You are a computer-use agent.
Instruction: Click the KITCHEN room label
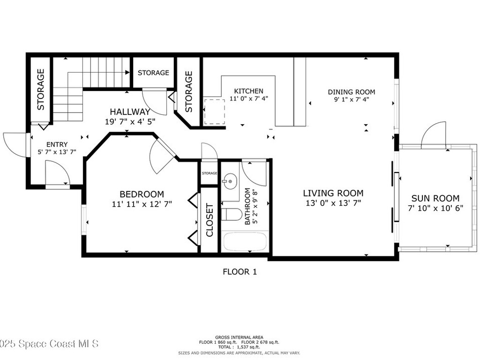click(248, 91)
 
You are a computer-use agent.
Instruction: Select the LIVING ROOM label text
click(333, 193)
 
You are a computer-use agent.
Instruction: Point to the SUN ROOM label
click(435, 198)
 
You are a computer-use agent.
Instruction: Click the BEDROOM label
click(142, 194)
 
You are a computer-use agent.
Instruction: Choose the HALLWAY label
click(130, 112)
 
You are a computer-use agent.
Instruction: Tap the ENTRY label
click(57, 144)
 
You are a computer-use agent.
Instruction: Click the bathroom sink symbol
click(230, 181)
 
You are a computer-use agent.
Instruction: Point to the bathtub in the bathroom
click(245, 242)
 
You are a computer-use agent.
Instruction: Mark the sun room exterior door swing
click(435, 136)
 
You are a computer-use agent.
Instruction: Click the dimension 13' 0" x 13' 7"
click(333, 203)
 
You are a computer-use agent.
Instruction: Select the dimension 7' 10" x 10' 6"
click(435, 208)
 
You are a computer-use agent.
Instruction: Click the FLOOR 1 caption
click(240, 271)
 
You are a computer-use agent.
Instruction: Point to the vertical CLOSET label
click(210, 220)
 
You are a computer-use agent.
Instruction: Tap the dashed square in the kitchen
click(214, 112)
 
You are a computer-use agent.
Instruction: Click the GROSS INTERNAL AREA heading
click(240, 337)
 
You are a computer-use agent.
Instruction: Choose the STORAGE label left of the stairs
click(41, 89)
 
